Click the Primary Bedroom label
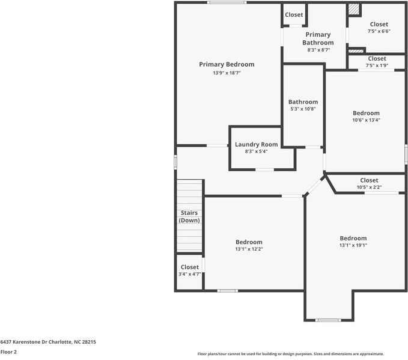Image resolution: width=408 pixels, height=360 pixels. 227,64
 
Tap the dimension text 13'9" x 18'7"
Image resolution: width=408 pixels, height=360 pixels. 227,73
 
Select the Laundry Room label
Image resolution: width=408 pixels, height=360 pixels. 256,144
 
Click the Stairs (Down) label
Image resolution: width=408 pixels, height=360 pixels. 189,216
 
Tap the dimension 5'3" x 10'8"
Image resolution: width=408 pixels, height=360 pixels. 303,109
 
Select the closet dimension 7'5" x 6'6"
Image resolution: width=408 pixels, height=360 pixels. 379,31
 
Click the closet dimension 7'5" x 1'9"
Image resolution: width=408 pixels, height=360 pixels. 377,66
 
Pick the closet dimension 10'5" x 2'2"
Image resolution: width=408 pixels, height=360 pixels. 369,187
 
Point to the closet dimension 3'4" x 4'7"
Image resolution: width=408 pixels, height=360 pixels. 189,274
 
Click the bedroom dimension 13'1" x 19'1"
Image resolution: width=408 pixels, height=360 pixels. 353,245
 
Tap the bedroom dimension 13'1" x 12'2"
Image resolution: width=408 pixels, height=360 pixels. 249,249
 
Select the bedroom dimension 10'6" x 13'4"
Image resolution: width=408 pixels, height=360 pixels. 366,120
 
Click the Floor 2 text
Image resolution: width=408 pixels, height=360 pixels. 8,352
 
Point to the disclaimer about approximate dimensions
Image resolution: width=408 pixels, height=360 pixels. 291,354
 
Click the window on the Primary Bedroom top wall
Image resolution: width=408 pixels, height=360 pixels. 227,2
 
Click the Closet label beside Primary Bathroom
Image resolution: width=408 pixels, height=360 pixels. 294,14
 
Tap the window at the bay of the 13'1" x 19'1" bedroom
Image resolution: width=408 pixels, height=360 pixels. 328,320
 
